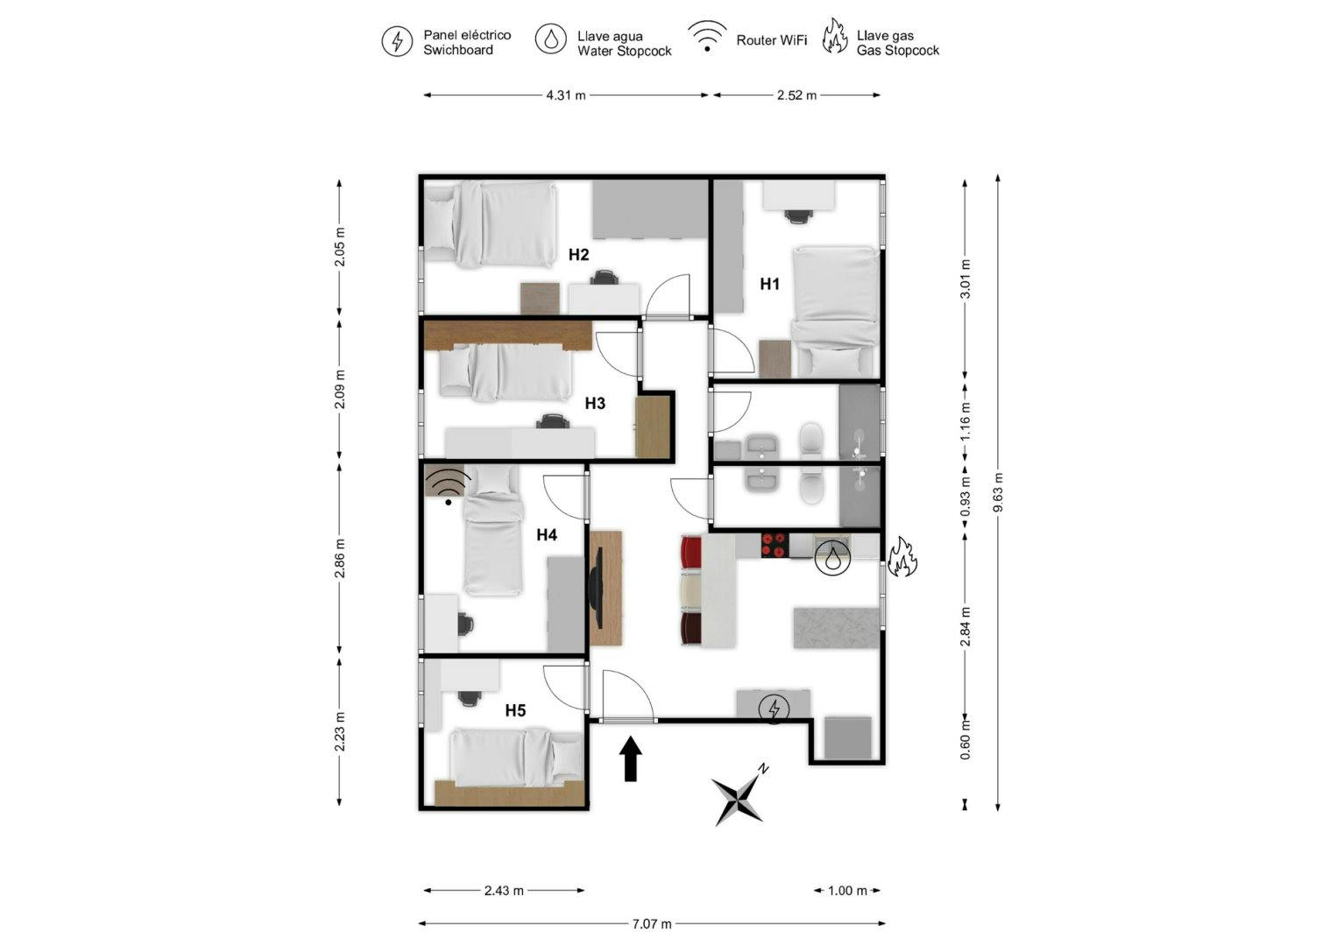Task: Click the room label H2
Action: click(578, 255)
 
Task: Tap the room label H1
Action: click(769, 284)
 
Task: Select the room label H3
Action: click(595, 403)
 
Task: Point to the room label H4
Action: click(547, 534)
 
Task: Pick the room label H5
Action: click(515, 710)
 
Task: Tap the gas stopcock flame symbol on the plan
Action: click(902, 557)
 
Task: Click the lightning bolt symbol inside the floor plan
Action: click(774, 708)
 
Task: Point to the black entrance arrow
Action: click(631, 759)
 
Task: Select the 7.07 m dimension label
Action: click(652, 923)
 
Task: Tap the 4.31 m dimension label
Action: click(565, 95)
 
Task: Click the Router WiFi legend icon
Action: click(706, 38)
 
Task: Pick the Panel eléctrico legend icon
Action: click(397, 41)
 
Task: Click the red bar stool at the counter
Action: click(691, 552)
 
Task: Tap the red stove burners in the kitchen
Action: click(775, 545)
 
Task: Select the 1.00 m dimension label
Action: click(847, 891)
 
